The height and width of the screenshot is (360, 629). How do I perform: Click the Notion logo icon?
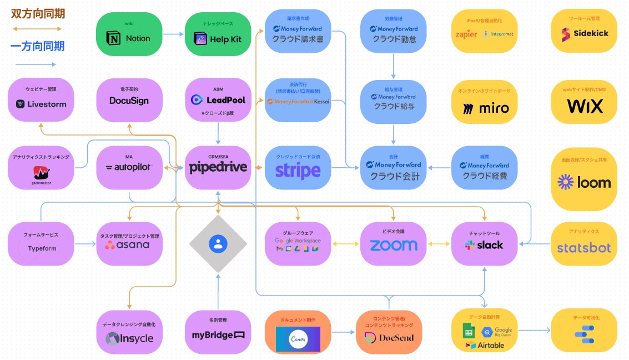click(115, 38)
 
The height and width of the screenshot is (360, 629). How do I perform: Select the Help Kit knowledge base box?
click(218, 34)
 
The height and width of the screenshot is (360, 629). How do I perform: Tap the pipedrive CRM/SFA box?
click(218, 167)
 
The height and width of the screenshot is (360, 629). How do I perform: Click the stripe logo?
click(298, 171)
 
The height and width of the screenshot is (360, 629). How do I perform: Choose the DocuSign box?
click(129, 101)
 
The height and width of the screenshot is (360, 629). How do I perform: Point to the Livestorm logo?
click(41, 104)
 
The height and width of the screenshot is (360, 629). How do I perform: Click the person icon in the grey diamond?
click(218, 243)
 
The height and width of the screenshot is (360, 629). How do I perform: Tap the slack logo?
click(484, 245)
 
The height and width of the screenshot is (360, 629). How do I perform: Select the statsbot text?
click(583, 248)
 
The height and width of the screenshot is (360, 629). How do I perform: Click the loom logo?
click(583, 182)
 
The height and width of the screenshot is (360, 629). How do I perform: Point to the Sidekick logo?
click(583, 33)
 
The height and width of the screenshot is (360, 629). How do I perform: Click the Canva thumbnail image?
click(298, 338)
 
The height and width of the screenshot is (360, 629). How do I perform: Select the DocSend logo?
click(389, 337)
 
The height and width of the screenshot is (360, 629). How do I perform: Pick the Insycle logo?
click(129, 338)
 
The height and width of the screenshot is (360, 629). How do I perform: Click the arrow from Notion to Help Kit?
click(173, 34)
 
